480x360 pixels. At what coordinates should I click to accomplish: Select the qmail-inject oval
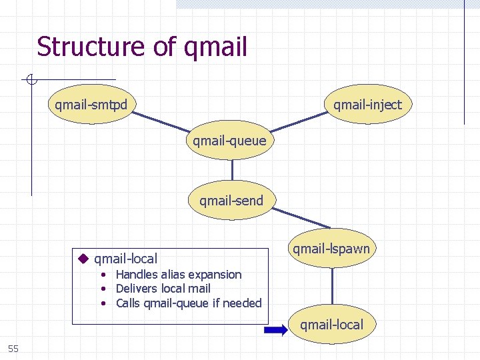(367, 104)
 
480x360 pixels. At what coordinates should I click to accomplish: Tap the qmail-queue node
(229, 141)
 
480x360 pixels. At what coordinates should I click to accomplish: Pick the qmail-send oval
(231, 200)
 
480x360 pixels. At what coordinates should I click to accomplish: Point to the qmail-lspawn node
(331, 249)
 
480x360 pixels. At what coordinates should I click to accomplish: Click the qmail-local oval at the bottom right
(331, 325)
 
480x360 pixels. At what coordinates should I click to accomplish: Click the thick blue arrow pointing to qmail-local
(275, 329)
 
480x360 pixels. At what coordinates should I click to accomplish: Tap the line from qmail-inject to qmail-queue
(300, 123)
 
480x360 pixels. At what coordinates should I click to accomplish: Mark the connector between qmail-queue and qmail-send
(231, 171)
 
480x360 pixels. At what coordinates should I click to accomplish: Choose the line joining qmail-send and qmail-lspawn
(300, 217)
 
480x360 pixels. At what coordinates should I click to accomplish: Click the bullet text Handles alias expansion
(178, 275)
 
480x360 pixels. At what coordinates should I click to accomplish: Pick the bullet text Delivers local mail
(163, 289)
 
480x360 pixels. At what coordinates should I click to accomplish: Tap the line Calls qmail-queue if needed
(188, 303)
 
